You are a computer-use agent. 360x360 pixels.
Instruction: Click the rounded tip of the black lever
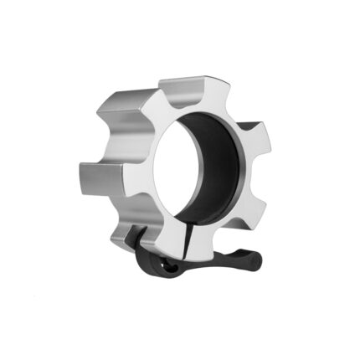pos(255,260)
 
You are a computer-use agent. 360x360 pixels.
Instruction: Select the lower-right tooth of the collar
pos(248,209)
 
